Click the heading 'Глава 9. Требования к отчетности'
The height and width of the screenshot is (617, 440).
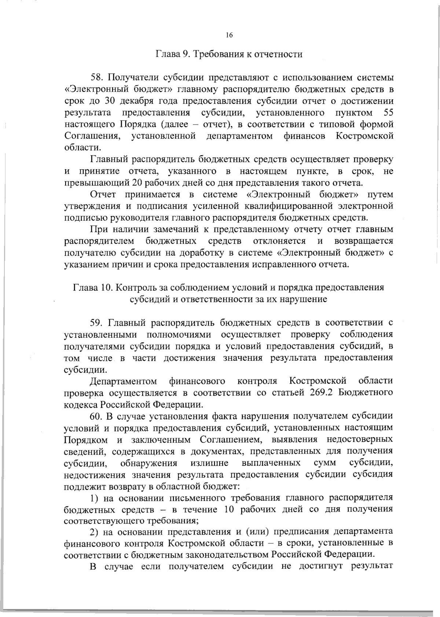pos(230,55)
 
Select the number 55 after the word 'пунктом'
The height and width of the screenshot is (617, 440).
pos(388,112)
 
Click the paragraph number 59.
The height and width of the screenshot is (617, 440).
pos(98,322)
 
